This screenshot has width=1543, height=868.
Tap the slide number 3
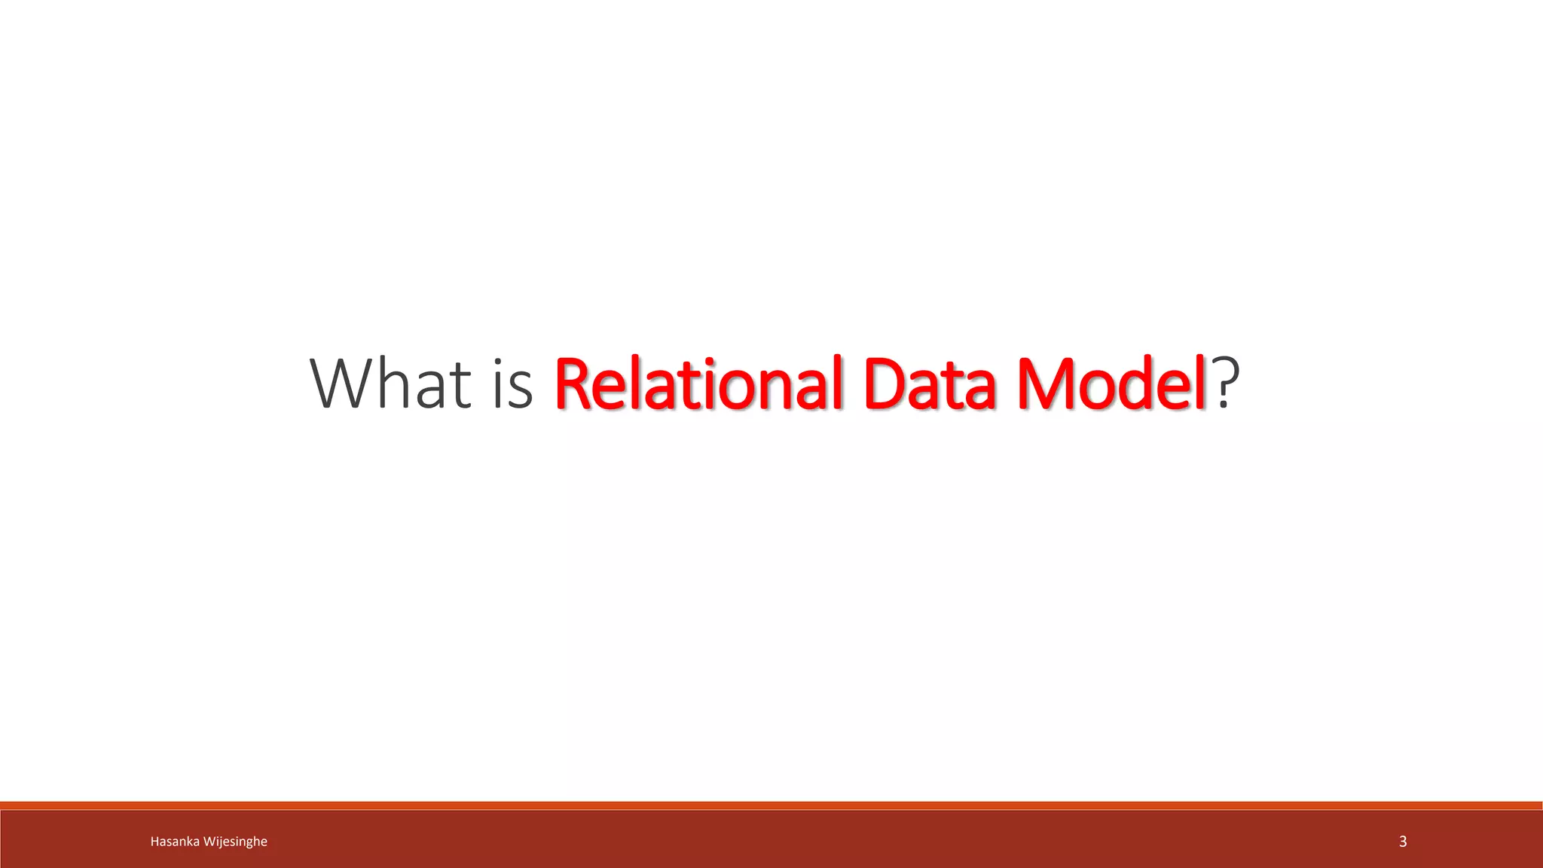click(1403, 842)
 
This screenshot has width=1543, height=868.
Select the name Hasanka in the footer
click(175, 842)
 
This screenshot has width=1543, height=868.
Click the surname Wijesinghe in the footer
click(235, 842)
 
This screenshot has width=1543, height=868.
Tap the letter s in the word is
click(521, 390)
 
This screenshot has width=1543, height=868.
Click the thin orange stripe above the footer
click(771, 805)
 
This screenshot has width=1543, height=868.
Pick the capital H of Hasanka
click(154, 842)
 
